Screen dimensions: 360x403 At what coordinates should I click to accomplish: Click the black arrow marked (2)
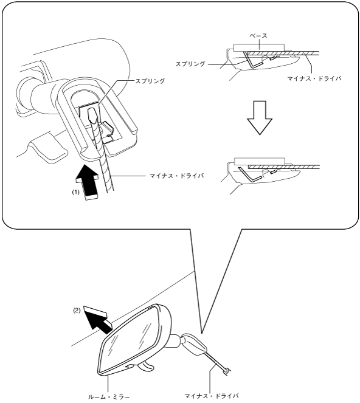pos(98,319)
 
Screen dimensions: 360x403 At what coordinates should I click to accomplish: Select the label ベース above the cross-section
pos(258,36)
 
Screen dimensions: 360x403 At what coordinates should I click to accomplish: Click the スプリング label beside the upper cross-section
pos(190,64)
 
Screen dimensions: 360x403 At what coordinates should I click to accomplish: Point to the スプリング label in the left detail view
pos(150,81)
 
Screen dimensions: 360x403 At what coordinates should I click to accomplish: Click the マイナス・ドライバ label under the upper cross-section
pos(314,78)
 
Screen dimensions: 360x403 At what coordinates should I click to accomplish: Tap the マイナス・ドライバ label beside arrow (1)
pos(177,176)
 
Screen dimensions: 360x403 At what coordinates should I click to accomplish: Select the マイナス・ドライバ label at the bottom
pos(212,396)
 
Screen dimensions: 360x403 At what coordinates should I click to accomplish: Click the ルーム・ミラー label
pos(109,397)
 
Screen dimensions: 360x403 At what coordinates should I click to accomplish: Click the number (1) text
pos(75,192)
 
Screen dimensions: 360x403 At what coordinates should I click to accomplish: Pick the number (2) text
pos(77,310)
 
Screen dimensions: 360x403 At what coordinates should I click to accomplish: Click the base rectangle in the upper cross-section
pos(259,47)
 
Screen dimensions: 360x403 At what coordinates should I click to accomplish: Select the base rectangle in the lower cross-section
pos(260,161)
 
